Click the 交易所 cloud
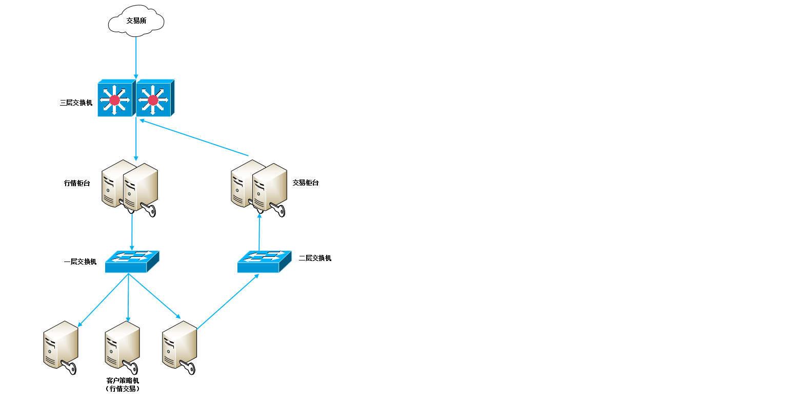pyautogui.click(x=136, y=22)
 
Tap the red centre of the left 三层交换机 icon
pyautogui.click(x=114, y=100)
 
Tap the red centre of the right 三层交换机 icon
pyautogui.click(x=153, y=100)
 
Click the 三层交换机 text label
pyautogui.click(x=76, y=103)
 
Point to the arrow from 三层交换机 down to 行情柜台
pyautogui.click(x=136, y=138)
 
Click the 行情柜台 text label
pyautogui.click(x=77, y=183)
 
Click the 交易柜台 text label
pyautogui.click(x=306, y=183)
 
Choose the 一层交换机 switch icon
pyautogui.click(x=132, y=262)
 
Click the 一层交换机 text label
pyautogui.click(x=80, y=262)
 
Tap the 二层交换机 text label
pyautogui.click(x=315, y=258)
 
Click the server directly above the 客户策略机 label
pyautogui.click(x=123, y=345)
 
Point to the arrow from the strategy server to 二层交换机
pyautogui.click(x=228, y=301)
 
